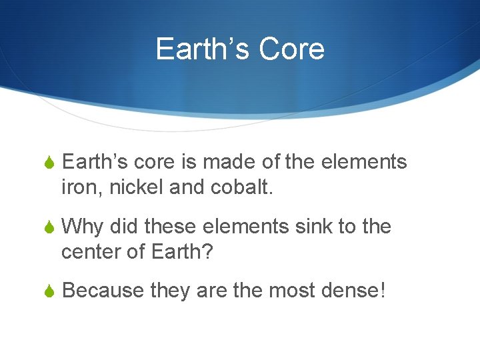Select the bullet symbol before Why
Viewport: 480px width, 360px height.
click(49, 228)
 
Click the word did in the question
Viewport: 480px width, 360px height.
click(123, 227)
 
